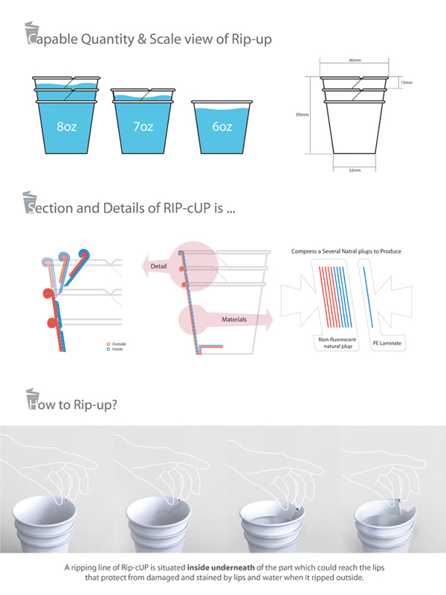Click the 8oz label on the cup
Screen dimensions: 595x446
tap(65, 127)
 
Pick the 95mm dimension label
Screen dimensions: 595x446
tap(303, 115)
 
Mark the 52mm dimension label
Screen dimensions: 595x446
tap(355, 170)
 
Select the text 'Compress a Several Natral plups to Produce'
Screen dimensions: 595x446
tap(346, 251)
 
